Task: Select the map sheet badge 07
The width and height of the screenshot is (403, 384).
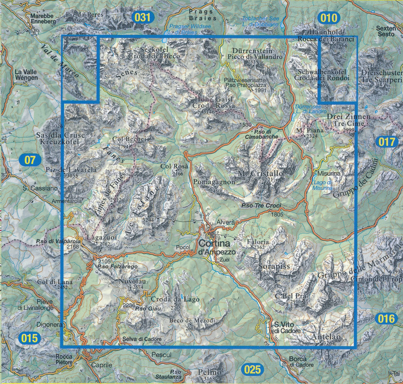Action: pyautogui.click(x=30, y=160)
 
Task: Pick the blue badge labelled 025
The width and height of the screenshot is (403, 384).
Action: pyautogui.click(x=253, y=369)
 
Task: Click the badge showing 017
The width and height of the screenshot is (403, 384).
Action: pyautogui.click(x=387, y=142)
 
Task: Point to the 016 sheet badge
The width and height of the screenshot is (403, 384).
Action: pyautogui.click(x=386, y=319)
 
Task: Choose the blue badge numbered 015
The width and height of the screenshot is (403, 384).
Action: pyautogui.click(x=29, y=338)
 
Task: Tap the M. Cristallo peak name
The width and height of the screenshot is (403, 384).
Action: pyautogui.click(x=260, y=174)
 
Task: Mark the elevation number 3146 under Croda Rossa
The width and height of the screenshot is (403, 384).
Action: pyautogui.click(x=209, y=112)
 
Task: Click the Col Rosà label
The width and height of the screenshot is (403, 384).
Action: pyautogui.click(x=175, y=166)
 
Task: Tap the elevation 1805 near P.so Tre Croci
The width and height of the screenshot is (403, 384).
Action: pyautogui.click(x=277, y=215)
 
